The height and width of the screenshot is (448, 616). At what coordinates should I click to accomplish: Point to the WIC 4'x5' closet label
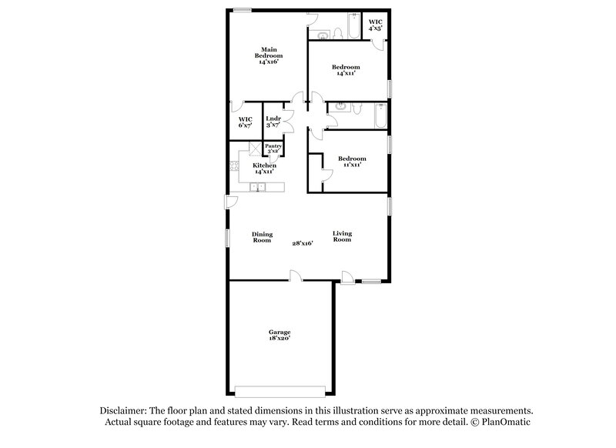[x=375, y=25]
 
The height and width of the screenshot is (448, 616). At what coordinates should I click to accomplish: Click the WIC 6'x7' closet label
[x=246, y=122]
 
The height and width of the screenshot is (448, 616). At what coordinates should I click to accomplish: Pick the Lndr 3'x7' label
[x=273, y=122]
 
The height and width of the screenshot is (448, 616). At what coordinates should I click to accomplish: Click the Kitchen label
[x=265, y=169]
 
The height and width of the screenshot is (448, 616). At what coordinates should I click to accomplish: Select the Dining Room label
[x=262, y=237]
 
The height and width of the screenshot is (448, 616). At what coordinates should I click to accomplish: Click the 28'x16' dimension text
[x=302, y=243]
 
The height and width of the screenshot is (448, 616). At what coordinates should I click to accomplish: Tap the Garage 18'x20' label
[x=280, y=335]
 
